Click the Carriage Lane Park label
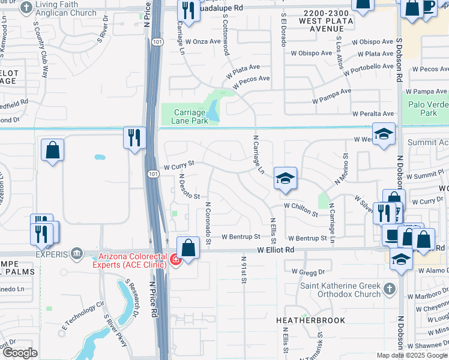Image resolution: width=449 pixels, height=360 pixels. tap(191, 116)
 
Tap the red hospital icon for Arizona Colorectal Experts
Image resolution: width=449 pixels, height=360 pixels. tap(175, 260)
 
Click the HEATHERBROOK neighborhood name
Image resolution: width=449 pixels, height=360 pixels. tap(310, 320)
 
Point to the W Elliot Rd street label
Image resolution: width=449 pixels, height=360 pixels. tap(276, 249)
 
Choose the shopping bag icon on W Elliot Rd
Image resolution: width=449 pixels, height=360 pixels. tap(188, 247)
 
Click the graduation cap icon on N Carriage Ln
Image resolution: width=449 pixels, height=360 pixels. tap(286, 178)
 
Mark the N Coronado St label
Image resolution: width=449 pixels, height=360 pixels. tap(208, 223)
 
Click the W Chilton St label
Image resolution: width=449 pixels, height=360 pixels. tap(301, 206)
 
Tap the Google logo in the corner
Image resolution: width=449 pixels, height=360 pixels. tap(20, 353)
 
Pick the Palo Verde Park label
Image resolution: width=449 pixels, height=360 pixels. tap(428, 108)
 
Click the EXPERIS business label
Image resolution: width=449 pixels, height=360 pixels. tap(50, 253)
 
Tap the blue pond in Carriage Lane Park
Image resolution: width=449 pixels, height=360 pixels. tap(214, 110)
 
